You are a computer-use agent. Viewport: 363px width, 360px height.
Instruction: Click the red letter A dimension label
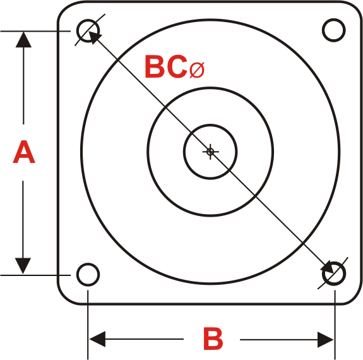coord(24,152)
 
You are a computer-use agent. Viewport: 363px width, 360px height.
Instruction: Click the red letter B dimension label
coord(213,339)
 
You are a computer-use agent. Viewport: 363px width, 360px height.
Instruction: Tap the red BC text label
coord(166,66)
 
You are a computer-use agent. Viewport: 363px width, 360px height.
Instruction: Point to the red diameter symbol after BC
coord(197,69)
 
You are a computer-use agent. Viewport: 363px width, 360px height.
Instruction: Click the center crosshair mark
coord(210,152)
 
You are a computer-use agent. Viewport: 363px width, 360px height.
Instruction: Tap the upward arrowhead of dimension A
coord(23,40)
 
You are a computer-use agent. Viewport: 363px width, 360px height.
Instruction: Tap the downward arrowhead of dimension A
coord(23,266)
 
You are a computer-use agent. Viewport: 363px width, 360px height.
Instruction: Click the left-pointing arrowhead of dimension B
coord(97,339)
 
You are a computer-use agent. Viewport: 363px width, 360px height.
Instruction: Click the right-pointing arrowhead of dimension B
coord(326,340)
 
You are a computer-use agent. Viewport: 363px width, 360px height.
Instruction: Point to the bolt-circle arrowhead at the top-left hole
coord(95,37)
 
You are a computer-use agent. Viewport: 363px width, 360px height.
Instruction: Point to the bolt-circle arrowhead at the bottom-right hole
coord(328,267)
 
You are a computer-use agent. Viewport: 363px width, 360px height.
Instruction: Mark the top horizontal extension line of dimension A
coord(35,31)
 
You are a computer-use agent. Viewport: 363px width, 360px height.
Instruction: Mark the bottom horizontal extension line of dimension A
coord(35,275)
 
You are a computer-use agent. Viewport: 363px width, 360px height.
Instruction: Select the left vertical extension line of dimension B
coord(88,325)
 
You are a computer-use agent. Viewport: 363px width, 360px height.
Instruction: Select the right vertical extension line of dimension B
coord(335,325)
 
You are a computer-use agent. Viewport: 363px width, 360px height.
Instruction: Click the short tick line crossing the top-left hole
coord(90,30)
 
